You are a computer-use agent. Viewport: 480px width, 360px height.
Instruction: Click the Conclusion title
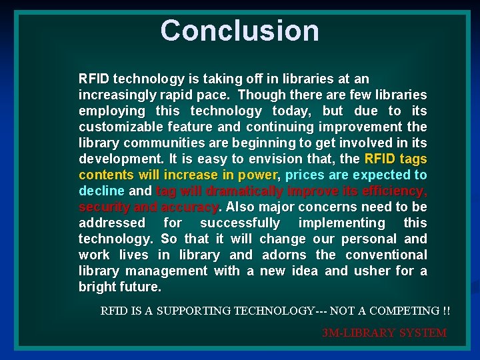pyautogui.click(x=240, y=31)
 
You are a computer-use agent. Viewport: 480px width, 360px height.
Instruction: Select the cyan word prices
pyautogui.click(x=304, y=175)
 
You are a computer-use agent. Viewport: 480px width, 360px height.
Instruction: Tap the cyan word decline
pyautogui.click(x=101, y=191)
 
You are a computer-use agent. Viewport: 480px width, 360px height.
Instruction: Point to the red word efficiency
pyautogui.click(x=393, y=191)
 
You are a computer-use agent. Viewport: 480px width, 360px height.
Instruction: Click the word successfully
pyautogui.click(x=241, y=223)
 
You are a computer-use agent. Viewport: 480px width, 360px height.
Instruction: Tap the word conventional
pyautogui.click(x=389, y=255)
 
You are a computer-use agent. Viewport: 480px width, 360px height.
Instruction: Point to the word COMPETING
pyautogui.click(x=402, y=311)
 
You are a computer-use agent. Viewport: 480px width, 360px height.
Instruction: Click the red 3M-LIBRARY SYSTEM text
pyautogui.click(x=384, y=333)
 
